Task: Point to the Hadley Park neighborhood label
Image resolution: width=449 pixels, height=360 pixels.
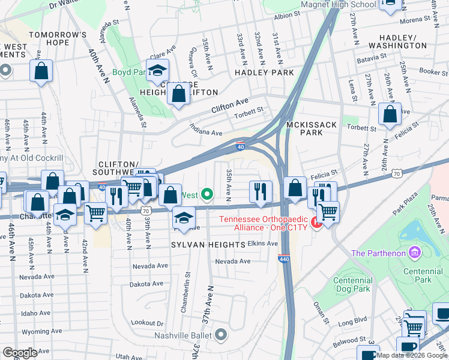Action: click(x=264, y=73)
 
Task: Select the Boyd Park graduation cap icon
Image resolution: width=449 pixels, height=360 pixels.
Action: click(x=157, y=71)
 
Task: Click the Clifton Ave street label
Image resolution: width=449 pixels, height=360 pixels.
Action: click(x=229, y=107)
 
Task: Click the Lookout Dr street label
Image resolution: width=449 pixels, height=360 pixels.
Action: click(x=147, y=322)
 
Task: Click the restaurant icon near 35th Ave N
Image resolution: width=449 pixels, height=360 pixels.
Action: click(x=261, y=191)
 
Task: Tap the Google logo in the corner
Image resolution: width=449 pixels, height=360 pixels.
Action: click(x=20, y=353)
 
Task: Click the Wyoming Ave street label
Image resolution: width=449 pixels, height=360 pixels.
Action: click(x=41, y=331)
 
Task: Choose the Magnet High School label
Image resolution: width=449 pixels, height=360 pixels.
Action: click(x=339, y=5)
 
